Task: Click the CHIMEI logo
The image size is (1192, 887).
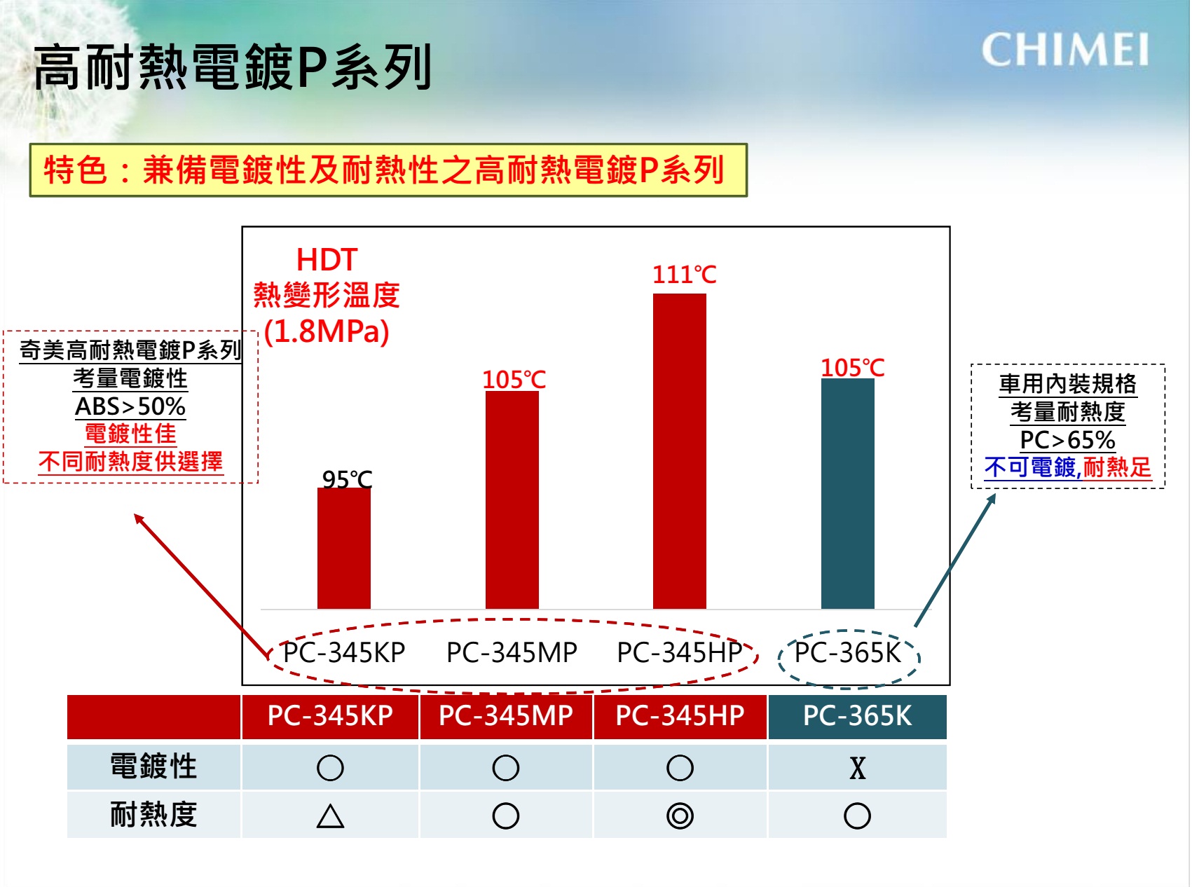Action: [x=1064, y=50]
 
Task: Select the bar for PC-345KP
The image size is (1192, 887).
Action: [x=343, y=548]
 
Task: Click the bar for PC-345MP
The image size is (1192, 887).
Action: [x=512, y=500]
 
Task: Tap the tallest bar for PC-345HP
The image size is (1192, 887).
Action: [x=679, y=451]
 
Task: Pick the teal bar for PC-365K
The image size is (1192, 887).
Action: [x=847, y=493]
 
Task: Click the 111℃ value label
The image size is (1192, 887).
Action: [x=684, y=274]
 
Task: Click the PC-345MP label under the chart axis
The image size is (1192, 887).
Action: [x=512, y=652]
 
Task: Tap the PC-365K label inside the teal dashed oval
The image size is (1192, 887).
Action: [x=847, y=652]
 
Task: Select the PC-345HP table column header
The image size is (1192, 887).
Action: [x=680, y=715]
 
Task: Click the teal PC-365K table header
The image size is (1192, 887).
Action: [x=857, y=715]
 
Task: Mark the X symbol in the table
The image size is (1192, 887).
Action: [x=857, y=768]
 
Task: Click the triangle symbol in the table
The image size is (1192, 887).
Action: [x=330, y=816]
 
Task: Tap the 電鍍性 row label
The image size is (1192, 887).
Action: [x=153, y=766]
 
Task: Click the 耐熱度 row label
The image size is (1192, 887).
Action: [x=153, y=815]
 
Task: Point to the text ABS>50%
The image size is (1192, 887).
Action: [x=130, y=406]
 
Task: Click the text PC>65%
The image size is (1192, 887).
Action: [x=1067, y=440]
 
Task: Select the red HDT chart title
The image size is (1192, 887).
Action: [x=327, y=260]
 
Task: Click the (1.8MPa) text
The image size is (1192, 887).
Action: [x=327, y=331]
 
